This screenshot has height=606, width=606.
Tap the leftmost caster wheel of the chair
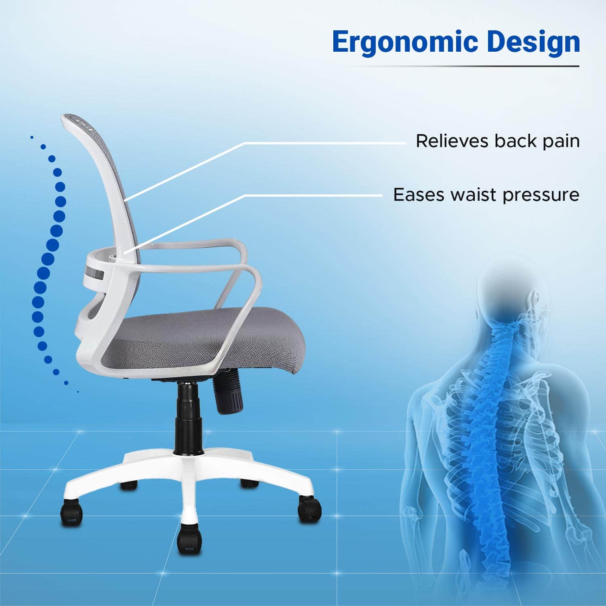pos(72,512)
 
